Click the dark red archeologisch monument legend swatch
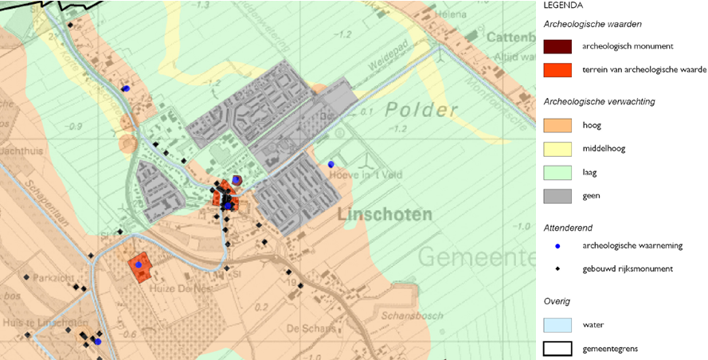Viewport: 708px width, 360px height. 557,46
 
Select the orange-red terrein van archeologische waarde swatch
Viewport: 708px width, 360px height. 557,69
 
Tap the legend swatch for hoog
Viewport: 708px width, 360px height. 557,125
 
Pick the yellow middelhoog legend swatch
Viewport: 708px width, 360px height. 557,148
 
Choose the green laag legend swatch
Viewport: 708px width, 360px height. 557,172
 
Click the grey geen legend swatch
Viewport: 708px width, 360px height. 557,195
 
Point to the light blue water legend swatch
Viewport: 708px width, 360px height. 557,325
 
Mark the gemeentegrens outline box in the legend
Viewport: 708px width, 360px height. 557,348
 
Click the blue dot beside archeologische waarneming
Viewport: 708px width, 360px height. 557,246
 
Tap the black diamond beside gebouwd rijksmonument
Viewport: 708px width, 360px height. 557,269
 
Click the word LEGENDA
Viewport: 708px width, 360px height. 563,5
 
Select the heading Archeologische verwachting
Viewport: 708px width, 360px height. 600,102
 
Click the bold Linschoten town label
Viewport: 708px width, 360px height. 385,214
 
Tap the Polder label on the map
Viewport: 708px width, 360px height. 421,110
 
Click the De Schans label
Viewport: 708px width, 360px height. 303,328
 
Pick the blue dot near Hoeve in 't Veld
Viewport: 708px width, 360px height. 331,164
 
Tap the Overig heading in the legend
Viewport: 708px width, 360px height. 557,302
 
